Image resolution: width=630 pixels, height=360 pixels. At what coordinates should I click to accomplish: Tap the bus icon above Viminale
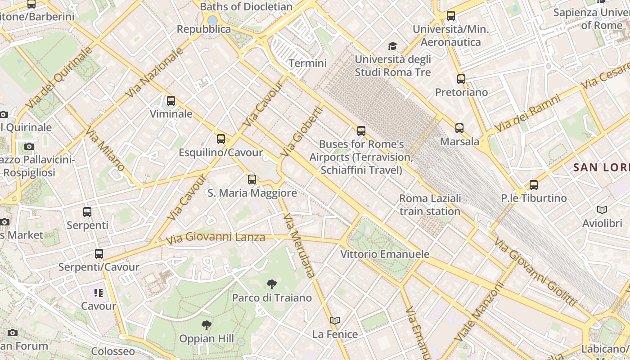point(171,101)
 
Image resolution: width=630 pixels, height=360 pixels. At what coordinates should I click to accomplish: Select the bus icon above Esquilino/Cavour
point(220,139)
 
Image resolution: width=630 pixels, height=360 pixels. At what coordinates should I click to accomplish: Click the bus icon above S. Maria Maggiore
point(252,180)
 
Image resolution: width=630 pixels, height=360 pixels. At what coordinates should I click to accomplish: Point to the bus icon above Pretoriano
point(461,79)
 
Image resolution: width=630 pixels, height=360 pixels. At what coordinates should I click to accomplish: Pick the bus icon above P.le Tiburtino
point(534,185)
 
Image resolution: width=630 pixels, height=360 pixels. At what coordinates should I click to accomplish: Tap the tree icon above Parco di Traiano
point(271,284)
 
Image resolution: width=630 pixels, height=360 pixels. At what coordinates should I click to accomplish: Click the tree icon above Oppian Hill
point(207,325)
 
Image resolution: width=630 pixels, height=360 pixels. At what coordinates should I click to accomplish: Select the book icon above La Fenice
point(335,321)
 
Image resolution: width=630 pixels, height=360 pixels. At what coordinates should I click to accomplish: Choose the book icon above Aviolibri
point(602,210)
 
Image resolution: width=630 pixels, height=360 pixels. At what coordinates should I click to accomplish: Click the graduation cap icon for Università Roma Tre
point(393,46)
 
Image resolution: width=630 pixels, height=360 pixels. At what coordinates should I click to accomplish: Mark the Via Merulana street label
point(299,245)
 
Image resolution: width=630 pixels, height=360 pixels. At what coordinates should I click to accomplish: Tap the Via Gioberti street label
point(302,131)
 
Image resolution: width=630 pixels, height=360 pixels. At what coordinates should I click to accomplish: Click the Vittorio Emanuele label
point(385,254)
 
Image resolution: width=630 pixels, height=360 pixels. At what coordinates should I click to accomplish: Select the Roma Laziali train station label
point(430,205)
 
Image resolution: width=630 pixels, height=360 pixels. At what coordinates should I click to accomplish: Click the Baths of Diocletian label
point(246,7)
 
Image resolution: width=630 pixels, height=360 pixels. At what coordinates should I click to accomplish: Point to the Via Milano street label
point(105,149)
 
